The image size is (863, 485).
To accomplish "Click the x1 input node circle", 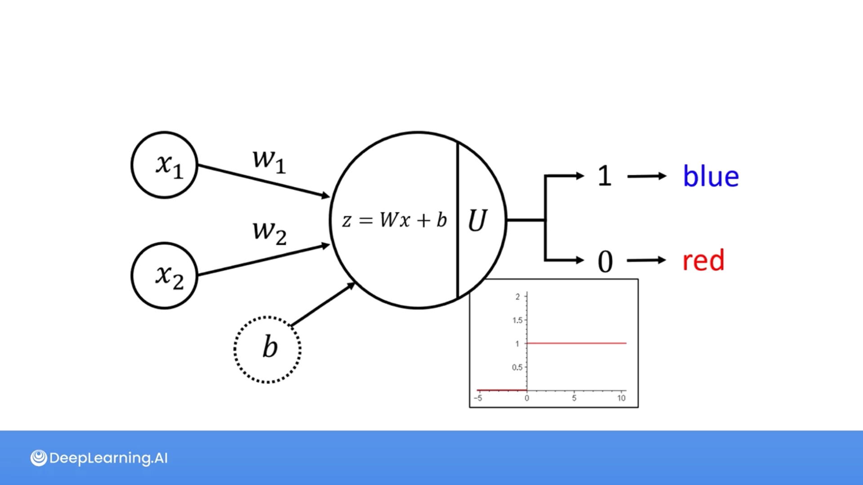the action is point(165,165).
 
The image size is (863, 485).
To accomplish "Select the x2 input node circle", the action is point(165,275).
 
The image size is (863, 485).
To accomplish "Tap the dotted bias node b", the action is point(267,349).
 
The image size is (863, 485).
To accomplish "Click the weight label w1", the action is point(269,160).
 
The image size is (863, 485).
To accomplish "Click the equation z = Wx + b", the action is point(394,220).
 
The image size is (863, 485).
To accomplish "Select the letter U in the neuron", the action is point(477,220).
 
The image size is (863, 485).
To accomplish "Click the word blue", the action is point(711,176).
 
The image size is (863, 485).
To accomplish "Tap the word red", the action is point(703,260).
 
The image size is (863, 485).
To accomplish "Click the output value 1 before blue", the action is point(605,176).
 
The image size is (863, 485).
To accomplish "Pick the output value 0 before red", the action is point(605,261).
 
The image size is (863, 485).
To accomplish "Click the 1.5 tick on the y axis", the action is point(517,320).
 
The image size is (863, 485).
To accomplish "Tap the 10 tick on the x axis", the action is point(621,398).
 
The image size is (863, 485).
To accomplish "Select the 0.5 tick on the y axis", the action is point(517,367).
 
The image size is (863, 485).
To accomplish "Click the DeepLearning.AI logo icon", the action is point(39,458).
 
